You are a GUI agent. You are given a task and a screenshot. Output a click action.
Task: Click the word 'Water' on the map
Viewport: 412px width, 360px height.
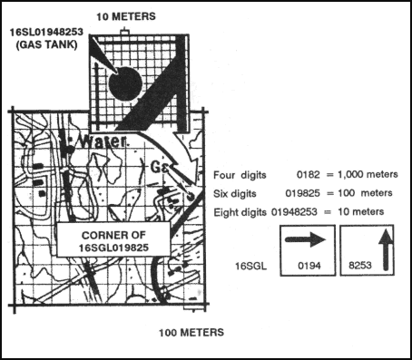[99, 142]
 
